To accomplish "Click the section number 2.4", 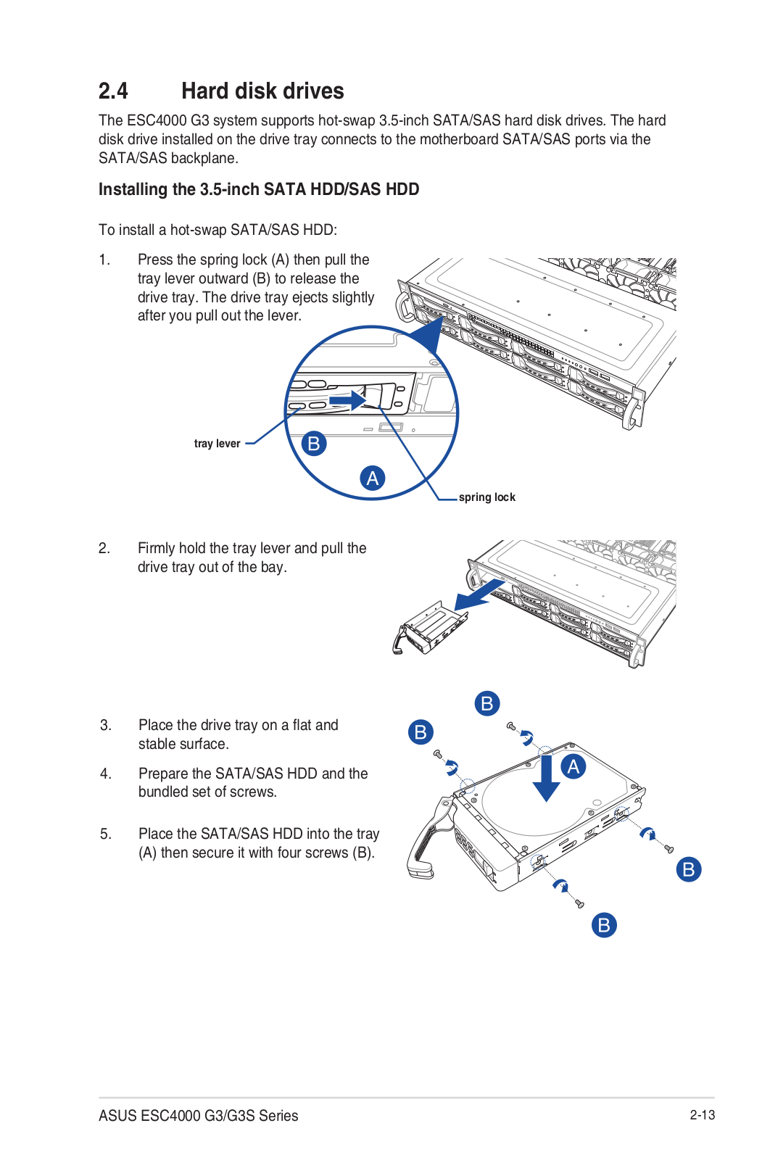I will click(x=113, y=91).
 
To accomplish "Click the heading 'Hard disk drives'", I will click(x=262, y=91).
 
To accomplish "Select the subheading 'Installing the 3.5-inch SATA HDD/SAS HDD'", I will click(x=259, y=189).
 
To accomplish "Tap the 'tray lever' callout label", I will click(x=217, y=444).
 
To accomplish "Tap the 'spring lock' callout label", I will click(x=487, y=497).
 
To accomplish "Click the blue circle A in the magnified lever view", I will click(x=373, y=478).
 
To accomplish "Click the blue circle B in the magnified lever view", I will click(x=314, y=443).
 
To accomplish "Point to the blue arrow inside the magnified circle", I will click(x=348, y=400).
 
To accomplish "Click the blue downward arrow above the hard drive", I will click(x=546, y=778).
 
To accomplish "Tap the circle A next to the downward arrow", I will click(x=574, y=766).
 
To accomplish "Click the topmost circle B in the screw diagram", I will click(x=487, y=703).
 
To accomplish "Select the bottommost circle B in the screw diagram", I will click(x=604, y=925).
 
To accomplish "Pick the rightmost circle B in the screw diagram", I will click(x=689, y=869).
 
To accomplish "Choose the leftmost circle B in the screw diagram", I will click(x=421, y=732).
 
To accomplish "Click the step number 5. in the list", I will click(x=106, y=834).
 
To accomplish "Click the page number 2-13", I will click(x=702, y=1115).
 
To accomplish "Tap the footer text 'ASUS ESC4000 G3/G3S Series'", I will click(x=199, y=1116).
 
